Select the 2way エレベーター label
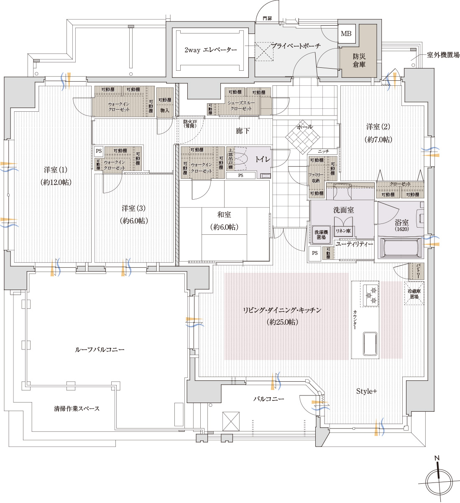(x=210, y=50)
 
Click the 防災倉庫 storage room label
(x=359, y=60)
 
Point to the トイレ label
(x=263, y=159)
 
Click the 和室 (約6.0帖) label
(x=224, y=221)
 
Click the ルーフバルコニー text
(x=100, y=349)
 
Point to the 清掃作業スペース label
(x=77, y=408)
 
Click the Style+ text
(x=366, y=391)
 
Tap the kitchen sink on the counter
(x=370, y=344)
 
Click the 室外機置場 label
(x=443, y=55)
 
